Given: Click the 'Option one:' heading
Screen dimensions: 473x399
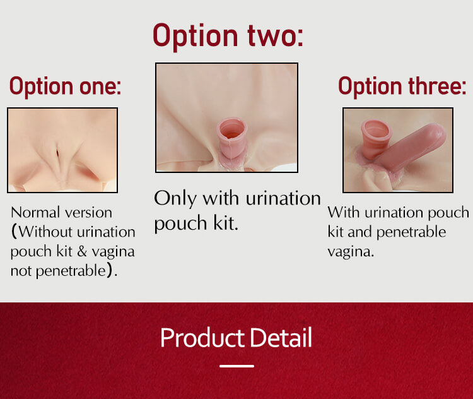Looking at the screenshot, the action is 65,86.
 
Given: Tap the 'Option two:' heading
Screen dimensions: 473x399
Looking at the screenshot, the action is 228,36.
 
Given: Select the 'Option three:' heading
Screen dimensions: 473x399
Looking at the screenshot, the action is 402,86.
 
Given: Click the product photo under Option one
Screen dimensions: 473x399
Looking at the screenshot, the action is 62,150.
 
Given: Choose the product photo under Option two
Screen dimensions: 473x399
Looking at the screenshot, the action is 226,118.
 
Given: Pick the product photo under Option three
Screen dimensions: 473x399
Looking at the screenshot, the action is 398,150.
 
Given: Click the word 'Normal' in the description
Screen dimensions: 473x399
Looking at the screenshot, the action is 35,213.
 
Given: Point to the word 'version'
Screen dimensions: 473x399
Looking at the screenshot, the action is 88,213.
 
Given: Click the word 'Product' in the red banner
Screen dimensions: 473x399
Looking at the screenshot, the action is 202,338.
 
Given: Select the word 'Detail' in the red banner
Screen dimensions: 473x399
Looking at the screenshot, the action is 281,338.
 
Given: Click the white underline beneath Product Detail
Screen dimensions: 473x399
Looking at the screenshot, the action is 237,366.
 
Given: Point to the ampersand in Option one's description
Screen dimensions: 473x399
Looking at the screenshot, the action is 82,252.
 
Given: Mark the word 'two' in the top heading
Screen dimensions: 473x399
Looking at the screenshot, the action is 275,36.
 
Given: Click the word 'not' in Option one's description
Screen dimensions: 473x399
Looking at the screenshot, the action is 21,271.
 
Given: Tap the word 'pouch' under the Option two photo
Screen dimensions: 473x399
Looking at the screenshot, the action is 181,224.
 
